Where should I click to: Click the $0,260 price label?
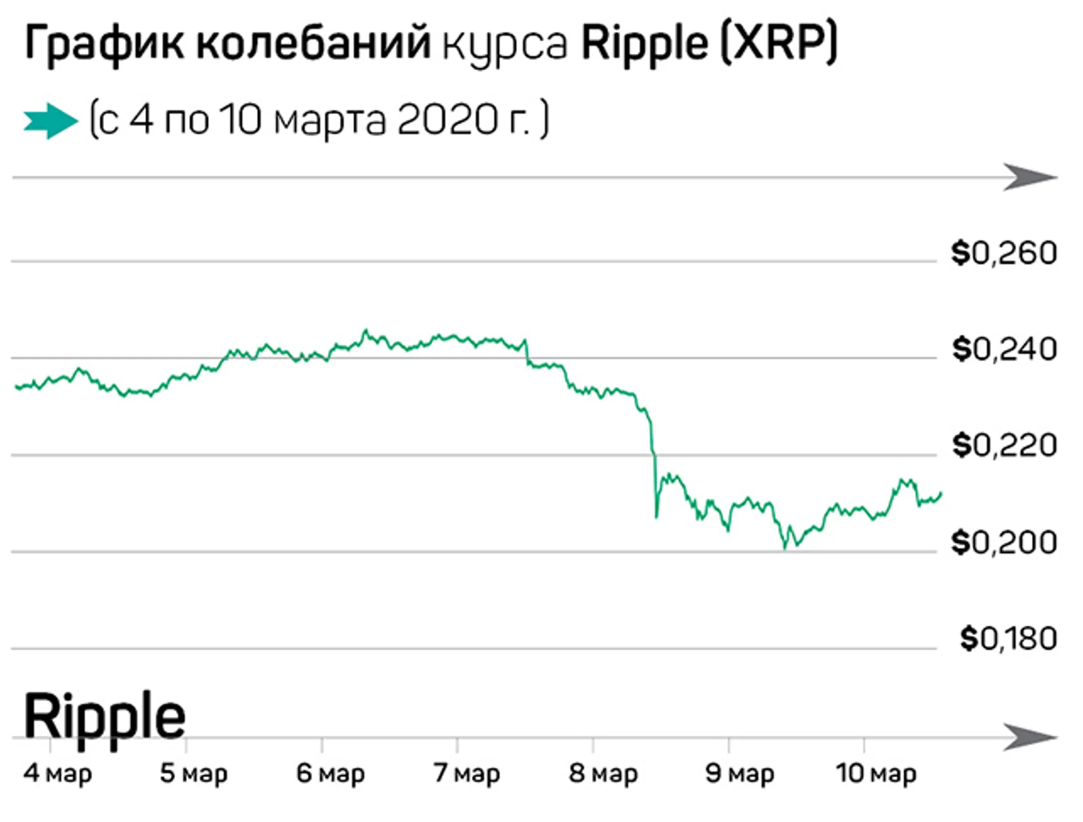pos(1004,253)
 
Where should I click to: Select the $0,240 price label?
pos(1004,349)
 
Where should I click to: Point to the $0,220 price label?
pos(1004,446)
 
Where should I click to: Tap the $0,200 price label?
pos(1004,542)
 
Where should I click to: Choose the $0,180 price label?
pos(1008,639)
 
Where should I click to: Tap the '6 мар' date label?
pos(330,773)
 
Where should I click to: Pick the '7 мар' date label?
pos(467,773)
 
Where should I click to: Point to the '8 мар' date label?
pos(603,773)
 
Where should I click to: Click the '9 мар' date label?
pos(740,773)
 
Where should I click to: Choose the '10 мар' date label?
pos(876,773)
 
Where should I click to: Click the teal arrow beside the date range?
pos(51,121)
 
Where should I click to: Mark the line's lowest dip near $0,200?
pos(785,548)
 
